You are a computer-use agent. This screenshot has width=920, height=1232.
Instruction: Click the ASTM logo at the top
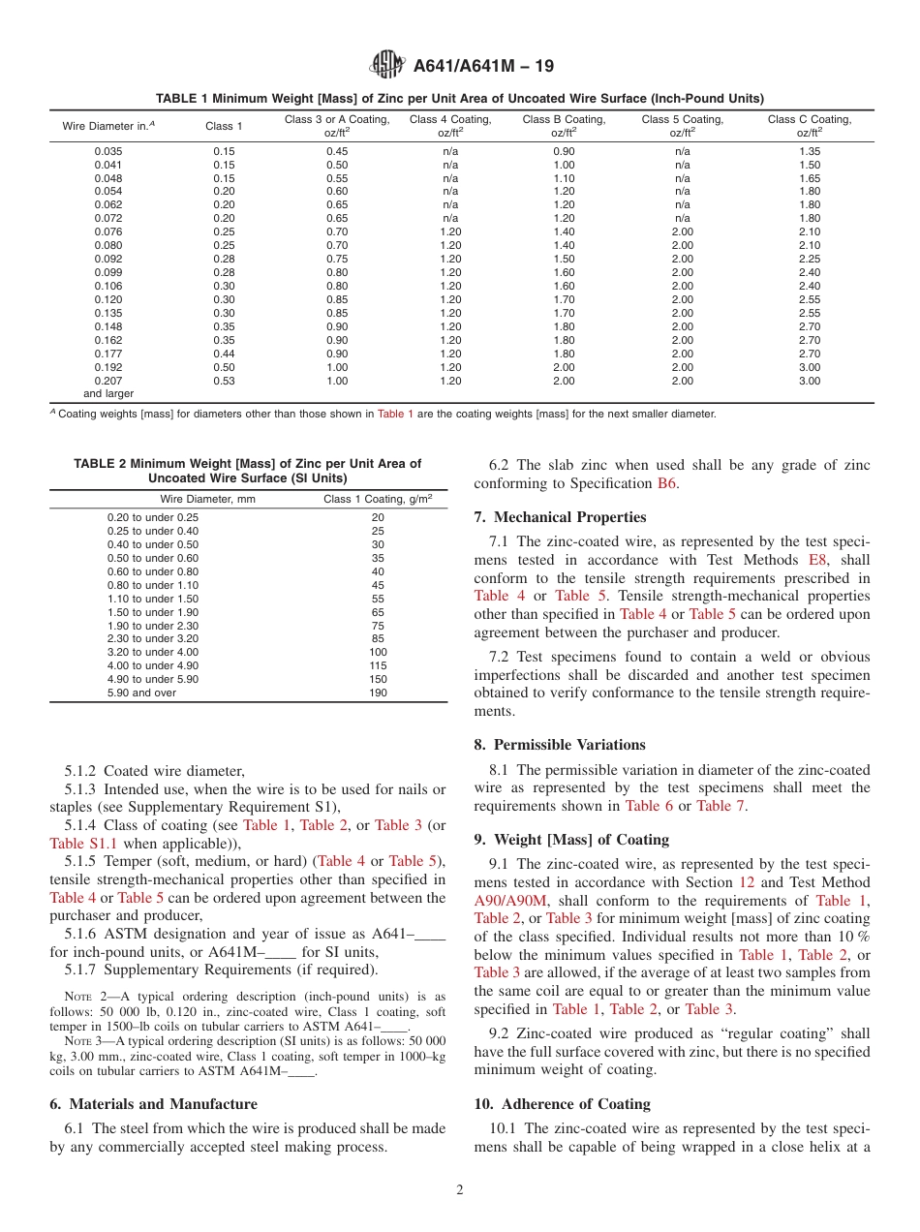click(x=387, y=66)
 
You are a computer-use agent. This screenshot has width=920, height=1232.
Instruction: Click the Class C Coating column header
click(x=809, y=126)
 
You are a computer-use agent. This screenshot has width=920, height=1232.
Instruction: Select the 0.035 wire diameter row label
click(x=109, y=151)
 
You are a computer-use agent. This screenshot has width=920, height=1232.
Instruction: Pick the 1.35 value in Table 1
click(x=809, y=151)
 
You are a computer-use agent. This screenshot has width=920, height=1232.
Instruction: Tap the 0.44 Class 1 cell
click(x=224, y=354)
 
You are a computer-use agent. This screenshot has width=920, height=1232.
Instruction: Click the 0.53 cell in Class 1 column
click(x=224, y=382)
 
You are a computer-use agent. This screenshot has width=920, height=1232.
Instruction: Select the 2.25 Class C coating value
click(x=809, y=260)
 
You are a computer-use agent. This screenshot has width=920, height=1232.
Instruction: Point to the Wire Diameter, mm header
click(x=207, y=500)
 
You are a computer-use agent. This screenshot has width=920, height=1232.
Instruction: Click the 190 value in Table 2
click(x=378, y=693)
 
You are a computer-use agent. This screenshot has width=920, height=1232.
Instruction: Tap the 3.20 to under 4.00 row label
click(x=153, y=653)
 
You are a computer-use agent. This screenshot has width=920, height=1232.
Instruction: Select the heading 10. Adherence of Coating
click(x=562, y=1104)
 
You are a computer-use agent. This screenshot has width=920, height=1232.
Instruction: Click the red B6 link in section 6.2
click(x=666, y=483)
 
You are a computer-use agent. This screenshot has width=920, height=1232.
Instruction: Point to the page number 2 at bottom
click(x=460, y=1190)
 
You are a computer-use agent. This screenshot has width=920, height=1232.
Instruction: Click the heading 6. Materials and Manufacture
click(x=153, y=1104)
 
